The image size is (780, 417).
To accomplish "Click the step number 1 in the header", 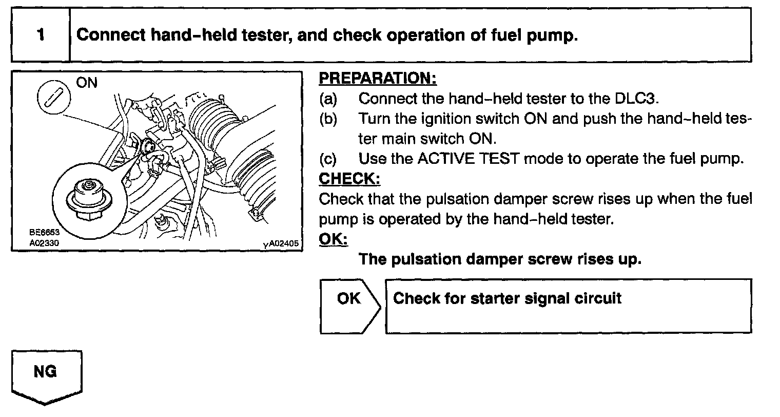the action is (x=40, y=35).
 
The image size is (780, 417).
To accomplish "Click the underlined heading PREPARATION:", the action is (x=377, y=79).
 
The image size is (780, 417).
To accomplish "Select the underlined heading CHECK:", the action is (x=349, y=179).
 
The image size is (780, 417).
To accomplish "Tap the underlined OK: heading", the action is (x=333, y=239).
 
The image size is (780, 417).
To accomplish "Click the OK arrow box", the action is (x=349, y=306).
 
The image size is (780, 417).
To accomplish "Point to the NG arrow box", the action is (x=46, y=375).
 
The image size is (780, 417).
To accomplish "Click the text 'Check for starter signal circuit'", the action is (x=507, y=298).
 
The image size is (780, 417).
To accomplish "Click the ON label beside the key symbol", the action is (x=87, y=82).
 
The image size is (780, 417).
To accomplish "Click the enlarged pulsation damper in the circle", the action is (x=89, y=198).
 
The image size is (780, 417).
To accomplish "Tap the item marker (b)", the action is (x=328, y=119).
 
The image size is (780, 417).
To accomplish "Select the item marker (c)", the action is (x=328, y=159).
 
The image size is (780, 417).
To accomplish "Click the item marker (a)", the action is (x=328, y=98).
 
